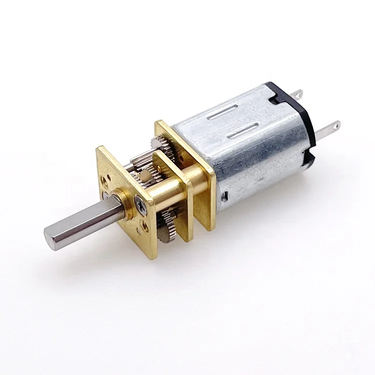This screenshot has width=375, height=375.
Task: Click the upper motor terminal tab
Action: click(x=297, y=93)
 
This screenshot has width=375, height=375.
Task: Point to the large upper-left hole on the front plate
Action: click(x=107, y=178)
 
